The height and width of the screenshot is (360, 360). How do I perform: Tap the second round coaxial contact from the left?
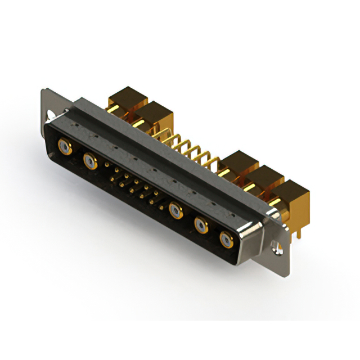[89, 162]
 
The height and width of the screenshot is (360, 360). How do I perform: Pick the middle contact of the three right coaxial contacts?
[201, 226]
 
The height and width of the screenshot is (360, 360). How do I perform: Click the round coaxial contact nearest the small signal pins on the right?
[176, 211]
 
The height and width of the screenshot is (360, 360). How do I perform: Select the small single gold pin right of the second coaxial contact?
[107, 165]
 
